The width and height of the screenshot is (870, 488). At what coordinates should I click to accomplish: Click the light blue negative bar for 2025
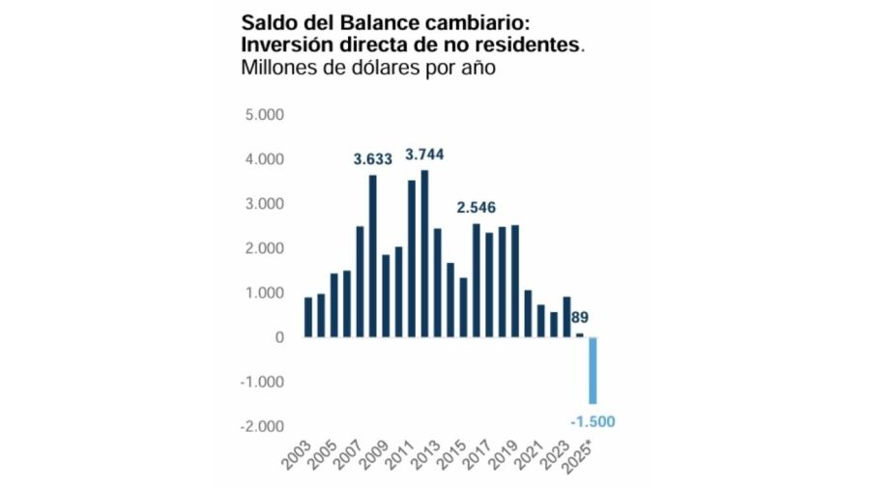593,370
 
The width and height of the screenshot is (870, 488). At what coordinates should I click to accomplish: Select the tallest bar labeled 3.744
423,253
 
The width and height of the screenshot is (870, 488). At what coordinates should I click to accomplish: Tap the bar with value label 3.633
372,256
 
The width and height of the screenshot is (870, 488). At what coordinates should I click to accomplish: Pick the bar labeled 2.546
476,280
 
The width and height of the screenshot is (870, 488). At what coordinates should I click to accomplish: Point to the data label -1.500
592,420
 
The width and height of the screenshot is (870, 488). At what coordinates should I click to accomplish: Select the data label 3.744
424,155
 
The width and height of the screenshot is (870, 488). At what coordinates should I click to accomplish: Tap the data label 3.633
372,159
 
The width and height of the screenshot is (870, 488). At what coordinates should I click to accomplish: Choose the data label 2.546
477,208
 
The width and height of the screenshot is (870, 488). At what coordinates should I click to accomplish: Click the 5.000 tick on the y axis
264,115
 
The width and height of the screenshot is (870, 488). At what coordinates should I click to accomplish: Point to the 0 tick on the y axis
278,337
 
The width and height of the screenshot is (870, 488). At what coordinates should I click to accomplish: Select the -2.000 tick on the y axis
262,426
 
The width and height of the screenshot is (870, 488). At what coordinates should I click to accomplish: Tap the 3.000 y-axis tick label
264,204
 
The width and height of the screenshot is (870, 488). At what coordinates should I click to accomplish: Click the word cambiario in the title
473,22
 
